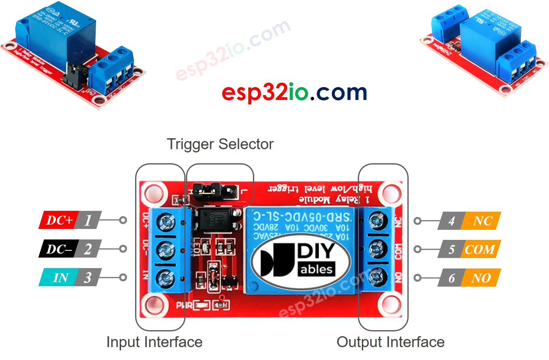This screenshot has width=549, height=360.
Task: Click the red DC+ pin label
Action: coord(59,220)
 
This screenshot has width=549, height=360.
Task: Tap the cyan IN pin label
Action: coord(61,278)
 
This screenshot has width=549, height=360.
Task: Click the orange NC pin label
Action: coord(482,221)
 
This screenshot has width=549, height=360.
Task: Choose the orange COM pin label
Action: coord(480,250)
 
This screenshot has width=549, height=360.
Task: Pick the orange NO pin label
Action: coord(481,278)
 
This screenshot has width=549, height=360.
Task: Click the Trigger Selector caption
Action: coord(220,144)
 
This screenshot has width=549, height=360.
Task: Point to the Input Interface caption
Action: coord(154,342)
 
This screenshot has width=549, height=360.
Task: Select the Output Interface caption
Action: coord(390,342)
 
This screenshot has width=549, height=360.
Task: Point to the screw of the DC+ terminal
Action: coord(166,221)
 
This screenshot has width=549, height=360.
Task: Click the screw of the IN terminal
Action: coord(166,277)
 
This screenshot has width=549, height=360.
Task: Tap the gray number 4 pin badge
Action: coord(451,221)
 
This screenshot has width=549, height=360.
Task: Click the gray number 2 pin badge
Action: coord(88,249)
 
